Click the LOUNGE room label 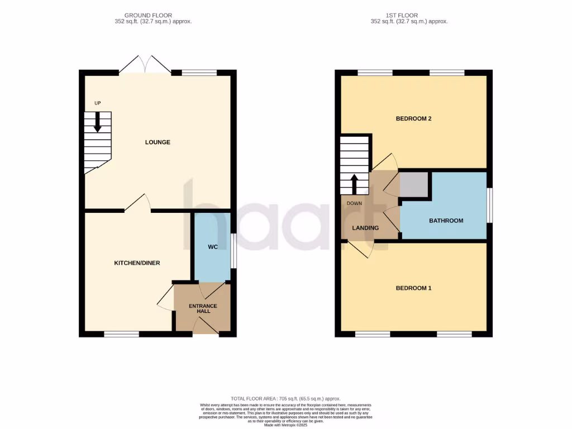tap(158, 142)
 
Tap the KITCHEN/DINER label tap(137, 263)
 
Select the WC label tap(212, 247)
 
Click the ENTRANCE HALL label tap(203, 308)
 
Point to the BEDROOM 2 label tap(413, 119)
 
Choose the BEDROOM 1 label tap(413, 288)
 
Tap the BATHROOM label tap(446, 221)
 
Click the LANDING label tap(365, 228)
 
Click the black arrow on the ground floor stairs tap(98, 122)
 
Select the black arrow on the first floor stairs tap(354, 184)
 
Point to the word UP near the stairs tap(98, 103)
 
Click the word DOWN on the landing tap(354, 203)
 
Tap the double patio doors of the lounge tap(145, 65)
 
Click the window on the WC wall tap(233, 251)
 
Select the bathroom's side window tap(489, 206)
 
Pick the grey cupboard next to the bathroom tap(414, 185)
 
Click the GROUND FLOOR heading tap(148, 15)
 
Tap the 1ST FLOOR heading tap(409, 15)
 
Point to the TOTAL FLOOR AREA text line tap(285, 398)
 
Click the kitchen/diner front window tap(122, 334)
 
